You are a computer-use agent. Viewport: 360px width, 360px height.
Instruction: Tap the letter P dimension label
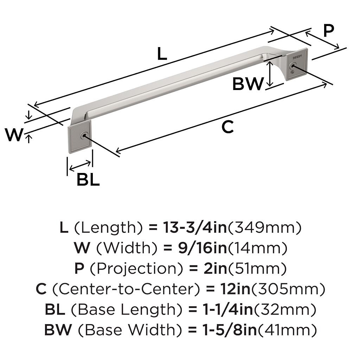tap(328, 31)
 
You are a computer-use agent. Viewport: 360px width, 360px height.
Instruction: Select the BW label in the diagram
tap(248, 84)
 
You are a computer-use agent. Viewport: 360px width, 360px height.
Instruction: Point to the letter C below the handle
tap(228, 127)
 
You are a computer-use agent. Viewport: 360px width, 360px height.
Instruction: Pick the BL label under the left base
tap(88, 180)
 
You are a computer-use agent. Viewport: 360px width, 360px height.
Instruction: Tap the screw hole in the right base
tap(292, 66)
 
